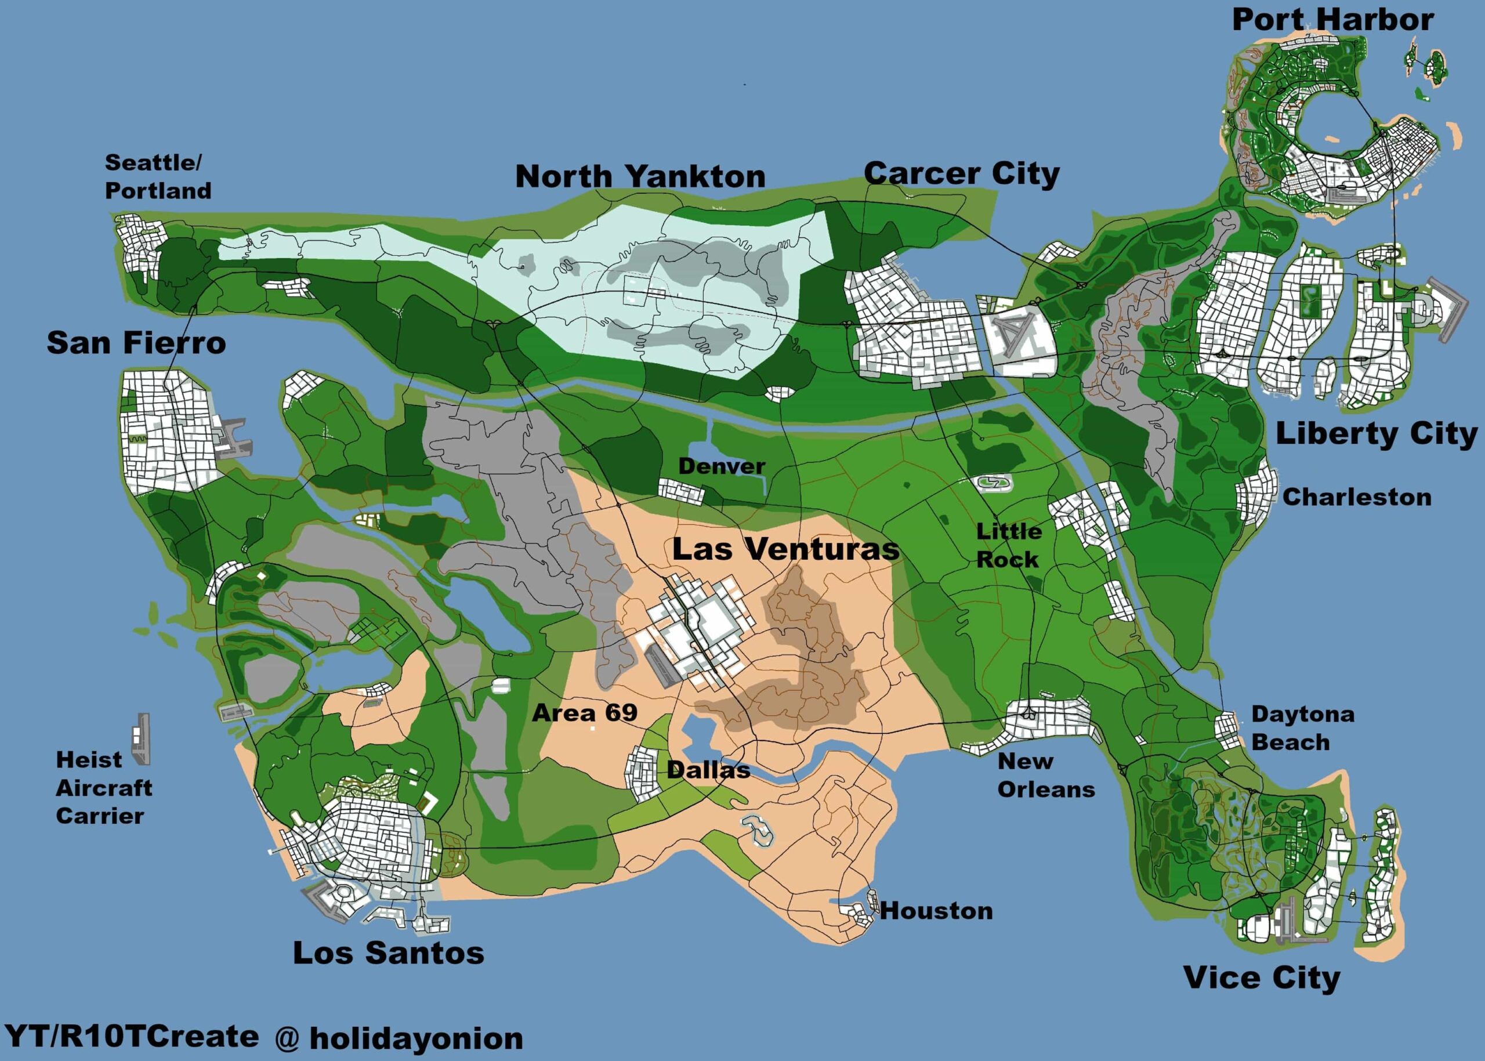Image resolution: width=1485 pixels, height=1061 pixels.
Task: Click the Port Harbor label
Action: click(x=1333, y=20)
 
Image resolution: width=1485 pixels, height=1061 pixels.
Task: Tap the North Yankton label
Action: click(x=640, y=176)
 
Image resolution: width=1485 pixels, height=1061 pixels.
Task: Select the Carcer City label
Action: click(x=961, y=174)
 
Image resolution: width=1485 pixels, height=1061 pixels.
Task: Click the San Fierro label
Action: click(x=136, y=342)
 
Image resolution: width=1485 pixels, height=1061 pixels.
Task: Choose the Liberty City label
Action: click(x=1376, y=434)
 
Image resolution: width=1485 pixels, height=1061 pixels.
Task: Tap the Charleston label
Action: click(x=1356, y=497)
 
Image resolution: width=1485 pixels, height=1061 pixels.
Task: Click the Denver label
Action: click(x=721, y=466)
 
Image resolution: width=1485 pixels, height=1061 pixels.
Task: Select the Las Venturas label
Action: click(x=785, y=549)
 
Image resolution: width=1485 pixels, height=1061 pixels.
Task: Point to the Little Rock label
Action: click(x=1008, y=545)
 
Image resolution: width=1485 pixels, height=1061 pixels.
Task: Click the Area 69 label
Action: click(x=585, y=712)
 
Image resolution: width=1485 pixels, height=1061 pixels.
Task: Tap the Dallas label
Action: click(x=708, y=770)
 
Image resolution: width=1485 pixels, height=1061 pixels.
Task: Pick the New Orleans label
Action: click(x=1045, y=775)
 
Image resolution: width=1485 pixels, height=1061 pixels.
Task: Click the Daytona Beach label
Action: click(x=1302, y=728)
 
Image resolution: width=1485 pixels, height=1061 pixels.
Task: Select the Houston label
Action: click(x=936, y=911)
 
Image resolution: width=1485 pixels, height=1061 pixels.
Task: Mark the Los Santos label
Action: click(x=388, y=953)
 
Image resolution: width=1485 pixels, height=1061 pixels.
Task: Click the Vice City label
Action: click(x=1262, y=978)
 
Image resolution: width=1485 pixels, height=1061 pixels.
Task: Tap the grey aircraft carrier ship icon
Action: click(x=141, y=739)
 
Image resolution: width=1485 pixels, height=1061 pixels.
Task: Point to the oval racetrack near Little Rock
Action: click(x=994, y=483)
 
